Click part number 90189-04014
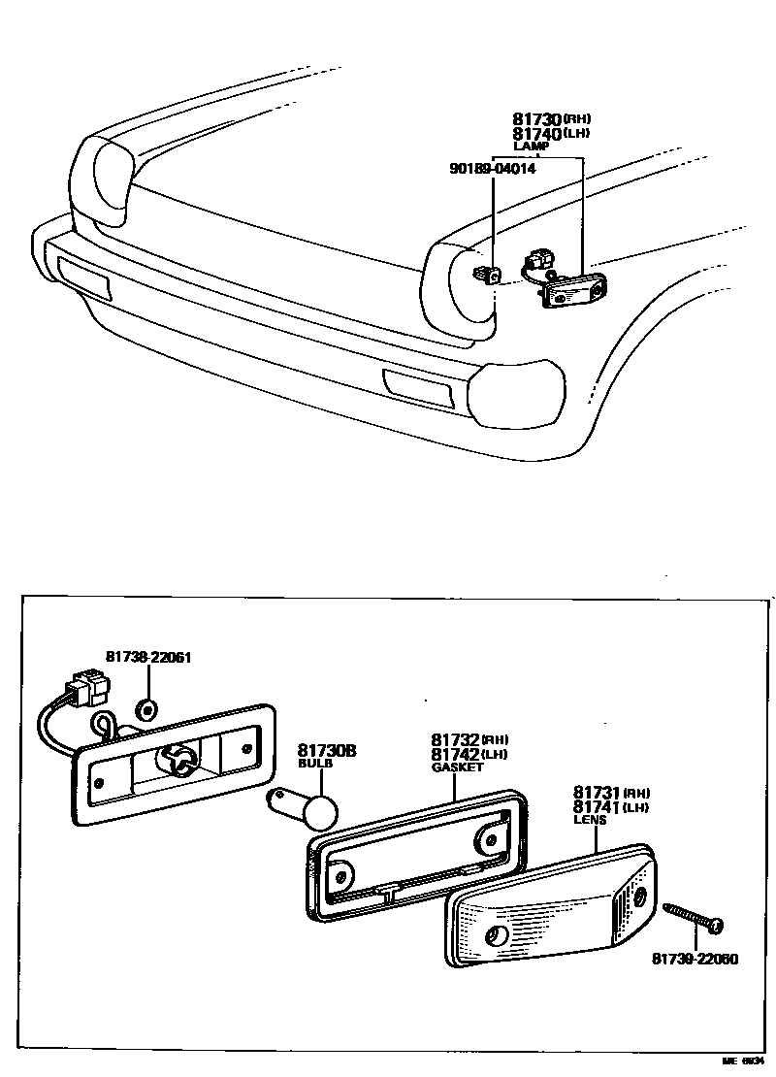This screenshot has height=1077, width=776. [492, 168]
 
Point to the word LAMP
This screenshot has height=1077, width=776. [531, 147]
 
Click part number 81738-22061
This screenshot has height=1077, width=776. [147, 657]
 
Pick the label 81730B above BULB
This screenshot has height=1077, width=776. [327, 750]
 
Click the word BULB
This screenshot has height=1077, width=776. [314, 765]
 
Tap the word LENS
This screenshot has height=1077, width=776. [589, 820]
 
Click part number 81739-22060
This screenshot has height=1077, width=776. [695, 960]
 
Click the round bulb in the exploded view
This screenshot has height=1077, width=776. [319, 809]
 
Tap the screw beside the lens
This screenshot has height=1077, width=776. [693, 918]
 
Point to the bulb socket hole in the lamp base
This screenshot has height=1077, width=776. [178, 761]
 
